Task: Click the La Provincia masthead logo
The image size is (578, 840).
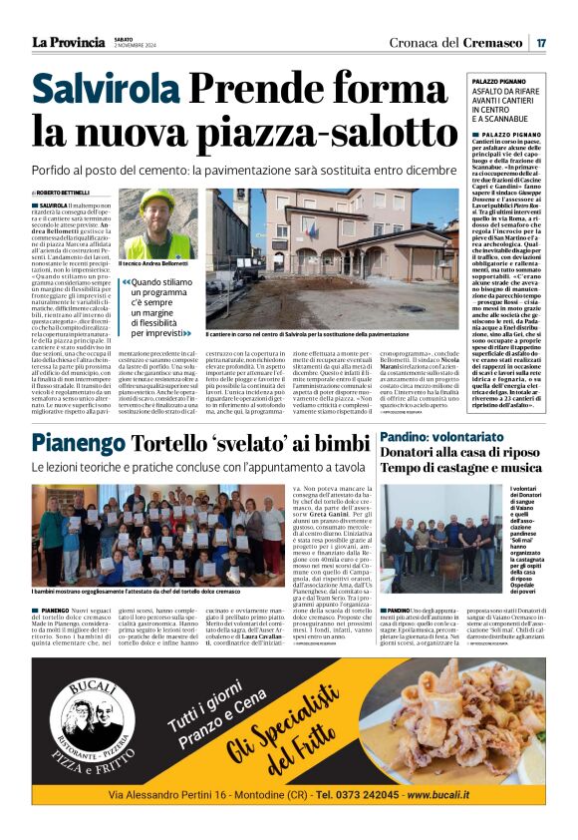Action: coord(68,42)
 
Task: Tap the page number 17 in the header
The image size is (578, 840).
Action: coord(540,42)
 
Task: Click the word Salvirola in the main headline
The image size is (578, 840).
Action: coord(105,92)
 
